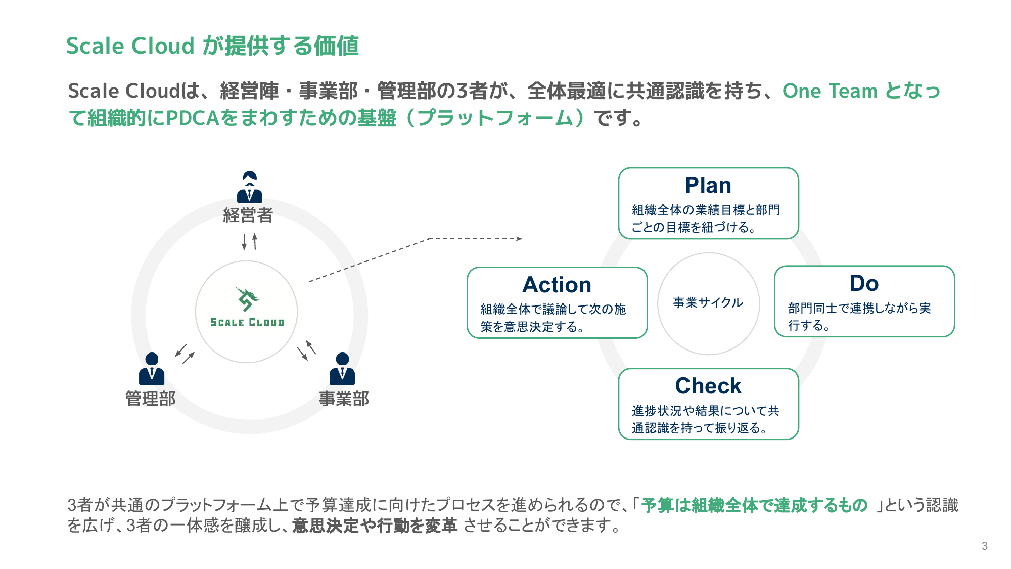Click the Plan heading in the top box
pyautogui.click(x=708, y=186)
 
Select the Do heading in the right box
pyautogui.click(x=864, y=283)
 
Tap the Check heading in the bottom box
pyautogui.click(x=708, y=386)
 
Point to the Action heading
pyautogui.click(x=557, y=285)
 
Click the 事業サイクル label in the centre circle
pyautogui.click(x=708, y=302)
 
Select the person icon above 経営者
pyautogui.click(x=249, y=188)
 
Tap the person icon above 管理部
pyautogui.click(x=152, y=369)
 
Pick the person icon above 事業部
pyautogui.click(x=342, y=369)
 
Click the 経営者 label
pyautogui.click(x=248, y=215)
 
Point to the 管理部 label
pyautogui.click(x=150, y=399)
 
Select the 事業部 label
pyautogui.click(x=344, y=399)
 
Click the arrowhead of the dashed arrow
pyautogui.click(x=519, y=239)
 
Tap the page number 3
pyautogui.click(x=984, y=546)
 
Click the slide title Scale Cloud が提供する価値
pyautogui.click(x=212, y=46)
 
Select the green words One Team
pyautogui.click(x=830, y=91)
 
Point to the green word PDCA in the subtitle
pyautogui.click(x=192, y=118)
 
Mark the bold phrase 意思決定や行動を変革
pyautogui.click(x=375, y=526)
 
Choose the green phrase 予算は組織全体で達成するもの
pyautogui.click(x=754, y=505)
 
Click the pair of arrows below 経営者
pyautogui.click(x=249, y=241)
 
